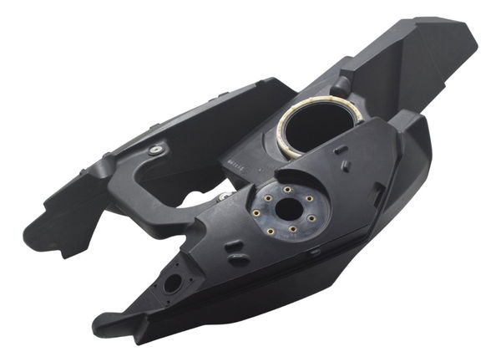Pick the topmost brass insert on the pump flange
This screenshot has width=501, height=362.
pos(286,190)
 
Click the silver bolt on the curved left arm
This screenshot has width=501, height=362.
pos(155,150)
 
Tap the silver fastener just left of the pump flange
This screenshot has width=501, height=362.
pos(223,197)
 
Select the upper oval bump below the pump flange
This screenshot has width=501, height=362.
pos(235,246)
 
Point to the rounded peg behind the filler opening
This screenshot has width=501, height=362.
pos(342,84)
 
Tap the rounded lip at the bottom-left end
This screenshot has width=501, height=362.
pos(104,323)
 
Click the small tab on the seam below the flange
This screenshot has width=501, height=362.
pos(314,250)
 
